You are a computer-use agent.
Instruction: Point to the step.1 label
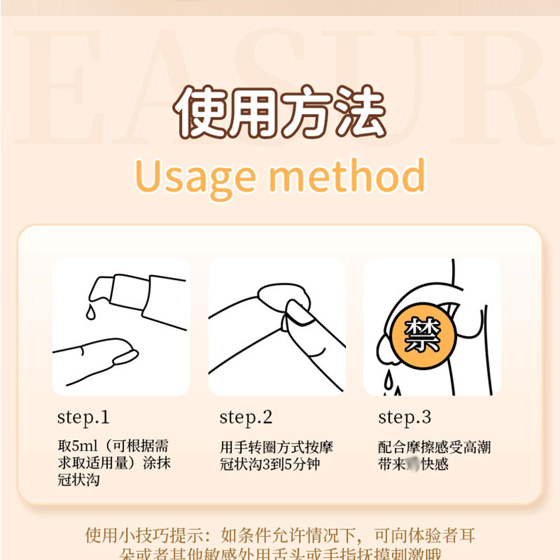pos(83,418)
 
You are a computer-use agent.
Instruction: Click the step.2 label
pos(246,418)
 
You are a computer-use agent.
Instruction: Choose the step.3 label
pos(405,418)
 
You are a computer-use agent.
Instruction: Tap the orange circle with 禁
pos(423,335)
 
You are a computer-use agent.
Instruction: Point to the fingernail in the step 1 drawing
pos(124,357)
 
